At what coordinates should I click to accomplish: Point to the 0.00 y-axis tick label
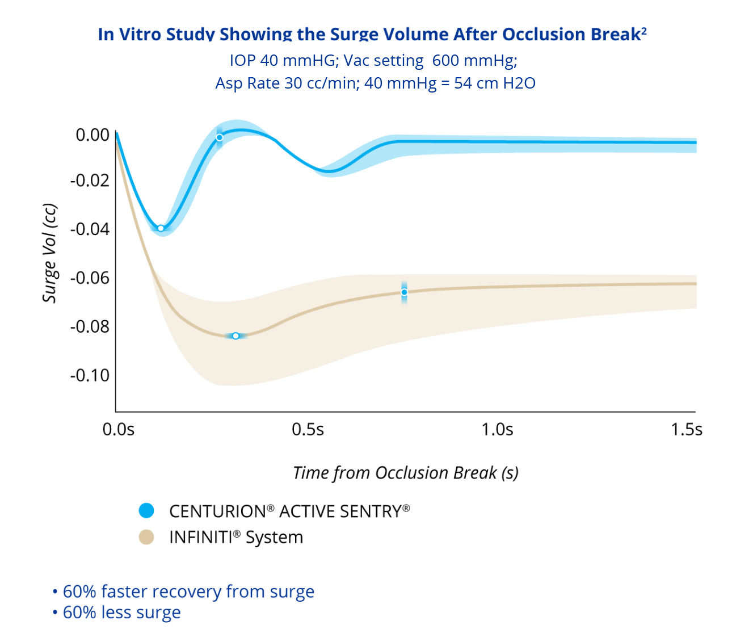[92, 135]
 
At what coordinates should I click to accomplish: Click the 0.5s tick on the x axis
[308, 430]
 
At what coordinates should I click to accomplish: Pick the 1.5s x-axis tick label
[687, 430]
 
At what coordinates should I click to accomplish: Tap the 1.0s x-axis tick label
[498, 430]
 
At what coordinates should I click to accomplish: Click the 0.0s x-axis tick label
[119, 430]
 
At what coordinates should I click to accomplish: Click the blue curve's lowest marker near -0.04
[161, 228]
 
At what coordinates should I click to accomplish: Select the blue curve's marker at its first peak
[220, 137]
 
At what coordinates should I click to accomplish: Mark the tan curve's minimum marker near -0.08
[235, 336]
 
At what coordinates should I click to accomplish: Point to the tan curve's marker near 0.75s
[404, 292]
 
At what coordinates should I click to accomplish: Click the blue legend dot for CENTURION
[146, 510]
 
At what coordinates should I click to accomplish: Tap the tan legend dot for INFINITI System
[146, 537]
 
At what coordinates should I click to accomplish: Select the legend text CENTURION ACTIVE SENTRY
[289, 511]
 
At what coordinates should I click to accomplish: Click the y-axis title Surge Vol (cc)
[50, 253]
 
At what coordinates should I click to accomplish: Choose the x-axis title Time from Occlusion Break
[406, 473]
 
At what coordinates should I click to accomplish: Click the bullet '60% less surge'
[121, 613]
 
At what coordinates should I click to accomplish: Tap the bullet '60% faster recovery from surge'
[188, 592]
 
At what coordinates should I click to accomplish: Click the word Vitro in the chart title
[137, 35]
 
